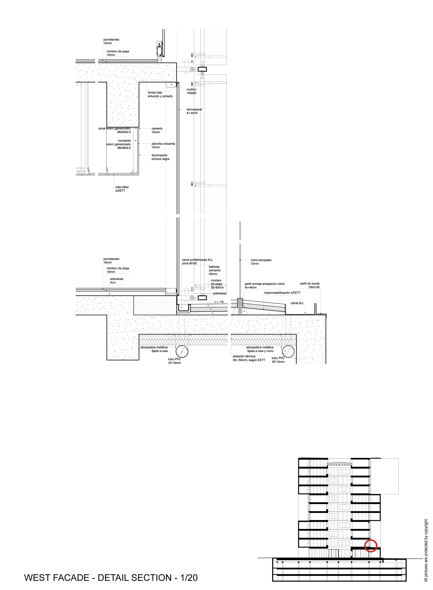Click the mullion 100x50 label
[191, 91]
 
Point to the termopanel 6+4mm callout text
[194, 111]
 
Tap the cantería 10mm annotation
[157, 130]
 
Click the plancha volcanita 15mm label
[163, 145]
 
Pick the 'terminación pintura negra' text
[160, 157]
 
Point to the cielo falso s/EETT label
[122, 188]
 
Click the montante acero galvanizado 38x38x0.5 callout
[118, 144]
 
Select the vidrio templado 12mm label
[261, 262]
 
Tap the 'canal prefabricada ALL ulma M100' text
[197, 261]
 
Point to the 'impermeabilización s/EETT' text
[282, 293]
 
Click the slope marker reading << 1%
[219, 302]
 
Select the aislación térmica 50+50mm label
[249, 358]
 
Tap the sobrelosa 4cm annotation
[116, 280]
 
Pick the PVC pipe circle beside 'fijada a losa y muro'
[288, 351]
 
